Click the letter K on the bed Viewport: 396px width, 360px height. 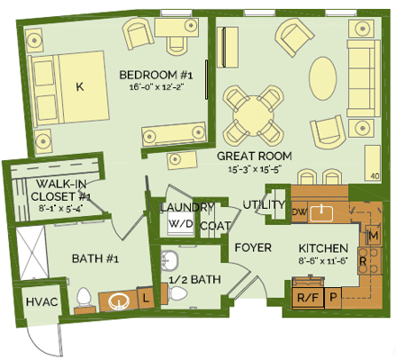(x=79, y=87)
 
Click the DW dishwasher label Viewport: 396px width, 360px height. (x=299, y=211)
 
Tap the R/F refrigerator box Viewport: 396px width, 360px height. (x=304, y=295)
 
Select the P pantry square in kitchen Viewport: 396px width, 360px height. (x=333, y=295)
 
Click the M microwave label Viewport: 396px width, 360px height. (x=373, y=236)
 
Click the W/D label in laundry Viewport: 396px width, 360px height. (x=180, y=224)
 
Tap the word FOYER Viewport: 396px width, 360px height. (x=253, y=247)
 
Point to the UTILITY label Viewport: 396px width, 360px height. (x=263, y=204)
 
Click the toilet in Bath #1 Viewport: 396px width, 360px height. (x=84, y=296)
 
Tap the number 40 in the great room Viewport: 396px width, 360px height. (x=373, y=175)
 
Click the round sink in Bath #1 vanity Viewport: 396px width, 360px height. (x=116, y=301)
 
